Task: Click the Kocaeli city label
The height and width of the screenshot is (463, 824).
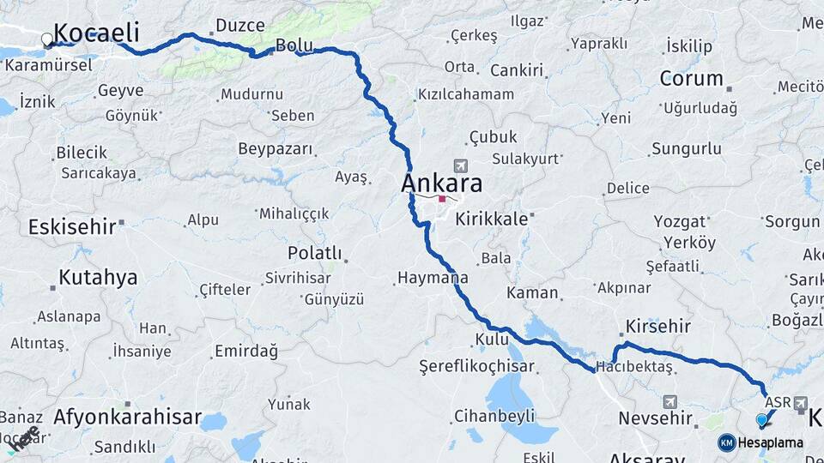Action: tap(96, 33)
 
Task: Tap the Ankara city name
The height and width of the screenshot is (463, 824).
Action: tap(441, 183)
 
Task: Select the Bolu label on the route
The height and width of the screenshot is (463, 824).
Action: tap(294, 44)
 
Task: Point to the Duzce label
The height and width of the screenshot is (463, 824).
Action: tap(240, 26)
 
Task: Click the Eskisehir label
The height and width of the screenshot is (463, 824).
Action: tap(72, 227)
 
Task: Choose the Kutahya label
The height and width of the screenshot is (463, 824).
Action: tap(98, 277)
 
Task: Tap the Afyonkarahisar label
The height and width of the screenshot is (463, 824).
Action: tap(127, 418)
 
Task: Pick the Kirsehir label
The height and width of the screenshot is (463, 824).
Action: tap(658, 328)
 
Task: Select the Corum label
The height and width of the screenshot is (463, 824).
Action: tap(692, 79)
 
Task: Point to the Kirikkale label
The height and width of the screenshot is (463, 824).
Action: tap(492, 219)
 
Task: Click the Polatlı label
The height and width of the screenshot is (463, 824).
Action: tap(314, 254)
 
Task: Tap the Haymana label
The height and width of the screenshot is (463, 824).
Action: tap(433, 278)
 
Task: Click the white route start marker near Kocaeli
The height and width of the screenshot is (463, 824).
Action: tap(47, 39)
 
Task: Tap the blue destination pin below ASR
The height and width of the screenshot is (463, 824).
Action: tap(761, 419)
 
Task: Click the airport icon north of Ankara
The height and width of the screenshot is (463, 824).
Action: tap(462, 165)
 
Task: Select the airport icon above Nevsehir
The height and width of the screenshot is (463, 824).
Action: tap(669, 401)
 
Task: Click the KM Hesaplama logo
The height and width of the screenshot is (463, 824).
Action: tap(760, 442)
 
